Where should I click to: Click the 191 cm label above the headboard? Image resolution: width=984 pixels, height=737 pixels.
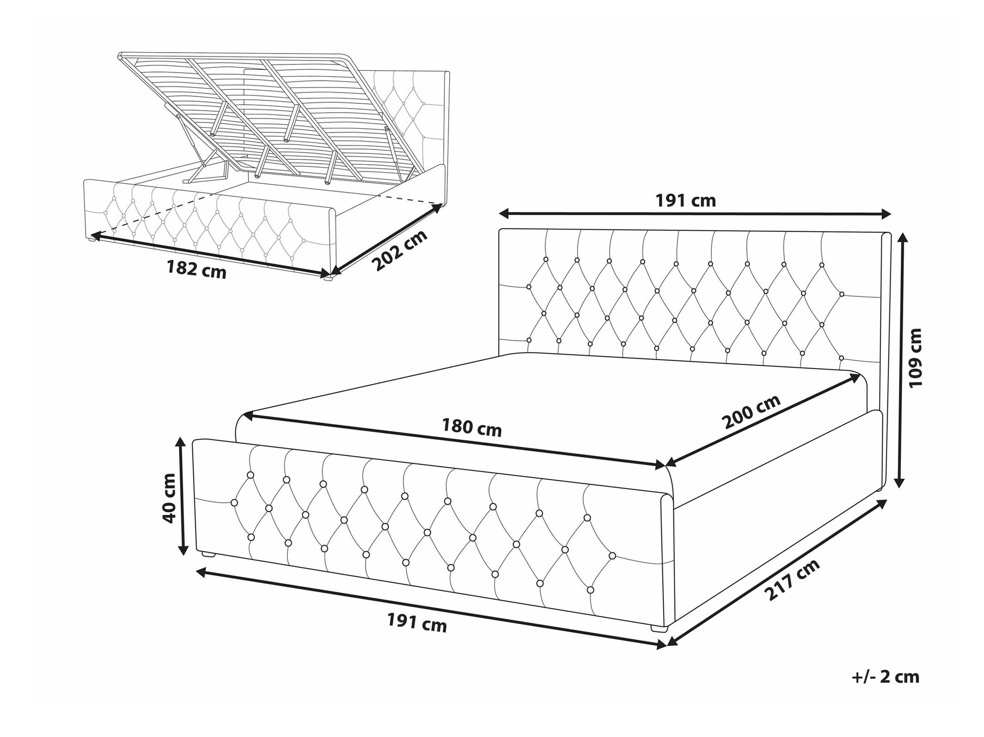click(685, 200)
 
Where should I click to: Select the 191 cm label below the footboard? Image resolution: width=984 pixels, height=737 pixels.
click(417, 623)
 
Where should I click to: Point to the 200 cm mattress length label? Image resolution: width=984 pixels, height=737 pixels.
click(751, 412)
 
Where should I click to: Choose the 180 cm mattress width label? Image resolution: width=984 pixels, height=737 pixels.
click(472, 427)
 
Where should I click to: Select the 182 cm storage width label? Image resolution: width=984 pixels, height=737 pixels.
click(196, 269)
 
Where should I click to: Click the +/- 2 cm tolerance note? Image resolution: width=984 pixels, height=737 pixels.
click(885, 677)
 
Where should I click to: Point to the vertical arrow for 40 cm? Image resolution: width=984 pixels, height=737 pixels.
click(183, 497)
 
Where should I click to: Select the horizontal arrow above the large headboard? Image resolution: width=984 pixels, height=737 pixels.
click(695, 213)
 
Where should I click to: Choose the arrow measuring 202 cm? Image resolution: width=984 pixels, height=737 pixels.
click(387, 239)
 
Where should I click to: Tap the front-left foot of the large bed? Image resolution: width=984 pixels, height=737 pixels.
click(210, 554)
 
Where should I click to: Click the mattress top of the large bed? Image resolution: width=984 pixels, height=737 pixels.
click(551, 408)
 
